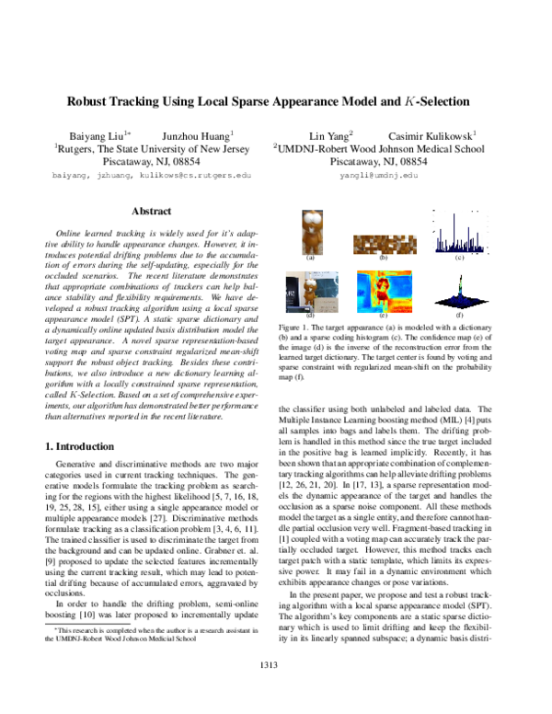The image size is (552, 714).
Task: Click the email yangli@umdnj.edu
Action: [x=378, y=174]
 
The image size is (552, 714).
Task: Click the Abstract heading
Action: [x=152, y=211]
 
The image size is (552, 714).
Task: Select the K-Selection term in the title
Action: [x=437, y=101]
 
